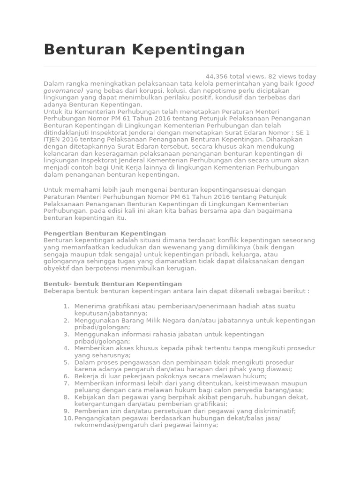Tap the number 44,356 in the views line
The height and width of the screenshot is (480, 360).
coord(217,76)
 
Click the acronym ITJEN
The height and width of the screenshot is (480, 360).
coord(54,140)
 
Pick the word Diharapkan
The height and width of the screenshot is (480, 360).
coord(286,140)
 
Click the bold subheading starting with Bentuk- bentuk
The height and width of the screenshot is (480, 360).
coord(112,284)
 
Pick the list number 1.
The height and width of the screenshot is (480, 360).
coord(66,307)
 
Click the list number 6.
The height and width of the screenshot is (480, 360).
coord(66,376)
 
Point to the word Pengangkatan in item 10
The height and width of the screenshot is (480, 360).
coord(96,418)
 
